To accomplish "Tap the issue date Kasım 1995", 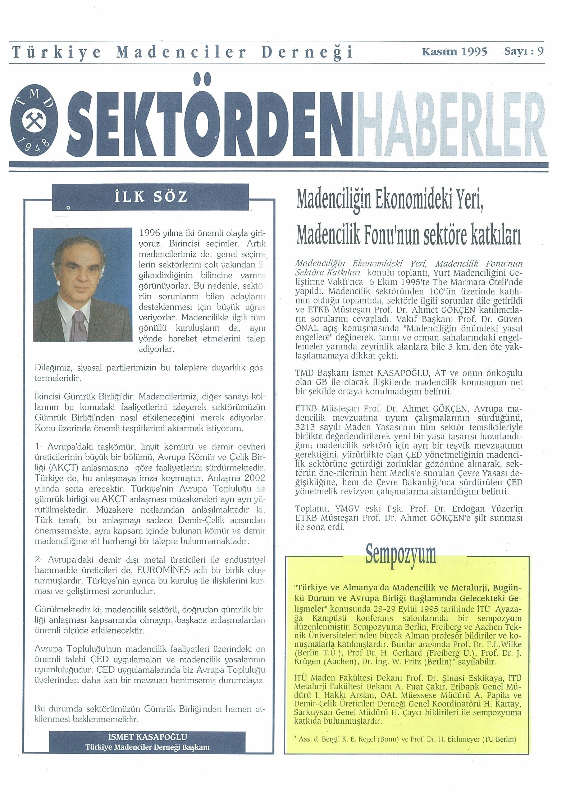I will tap(454, 52).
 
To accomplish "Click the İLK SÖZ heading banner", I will tap(151, 197).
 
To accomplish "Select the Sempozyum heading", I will tap(401, 555).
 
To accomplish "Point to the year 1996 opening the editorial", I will tap(150, 233).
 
